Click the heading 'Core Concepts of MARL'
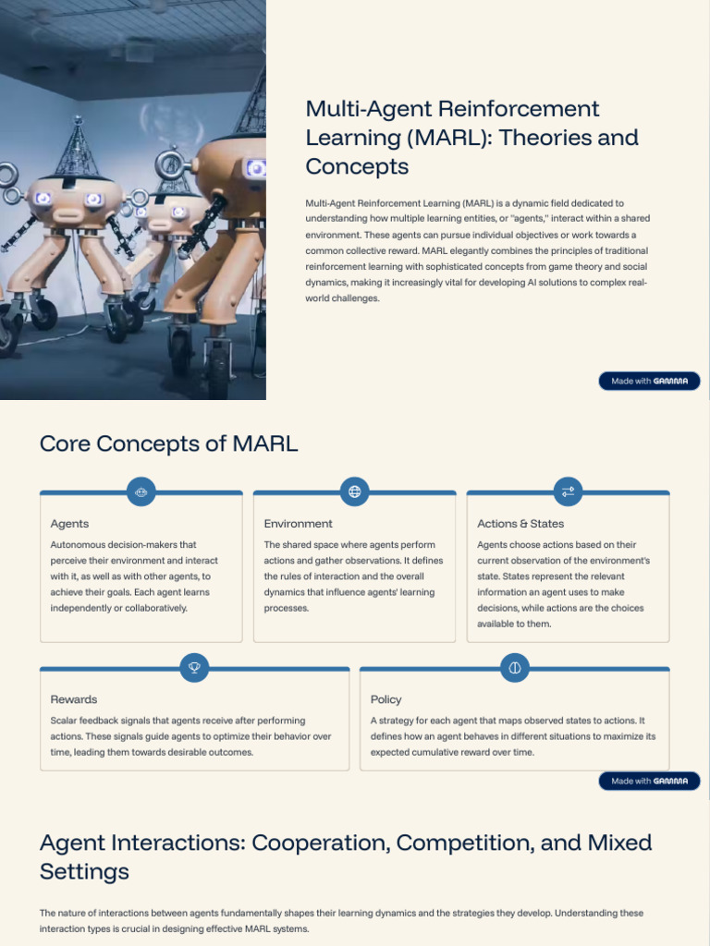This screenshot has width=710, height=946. click(168, 443)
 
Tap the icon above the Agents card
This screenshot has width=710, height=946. click(141, 491)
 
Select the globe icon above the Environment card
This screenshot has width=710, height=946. click(354, 491)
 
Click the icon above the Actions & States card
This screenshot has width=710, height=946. click(568, 491)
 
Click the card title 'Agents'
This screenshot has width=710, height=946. click(69, 524)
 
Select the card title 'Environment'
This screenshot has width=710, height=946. click(298, 524)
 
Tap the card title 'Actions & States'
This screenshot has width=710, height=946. click(520, 524)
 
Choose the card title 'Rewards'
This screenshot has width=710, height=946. click(73, 699)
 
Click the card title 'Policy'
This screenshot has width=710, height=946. click(386, 699)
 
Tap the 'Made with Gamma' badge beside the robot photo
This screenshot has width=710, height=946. click(649, 381)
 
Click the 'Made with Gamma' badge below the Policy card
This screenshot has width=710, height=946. click(649, 782)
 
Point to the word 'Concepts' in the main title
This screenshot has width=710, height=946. click(357, 167)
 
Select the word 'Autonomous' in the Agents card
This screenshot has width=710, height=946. click(78, 545)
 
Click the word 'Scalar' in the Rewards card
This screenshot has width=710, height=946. click(63, 721)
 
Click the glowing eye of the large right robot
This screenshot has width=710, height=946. click(256, 168)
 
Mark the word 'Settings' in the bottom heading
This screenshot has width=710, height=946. click(84, 871)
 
